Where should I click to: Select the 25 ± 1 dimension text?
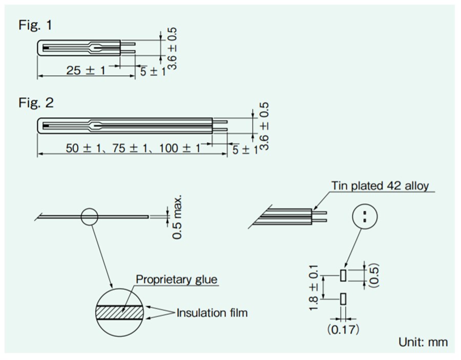[x=85, y=71]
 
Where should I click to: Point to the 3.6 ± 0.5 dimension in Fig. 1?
[x=173, y=49]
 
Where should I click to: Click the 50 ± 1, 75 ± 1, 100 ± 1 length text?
[x=134, y=148]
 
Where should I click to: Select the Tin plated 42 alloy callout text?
[x=380, y=185]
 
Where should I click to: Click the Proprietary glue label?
[x=176, y=280]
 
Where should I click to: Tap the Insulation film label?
[x=212, y=312]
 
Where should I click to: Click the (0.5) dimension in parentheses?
[x=375, y=276]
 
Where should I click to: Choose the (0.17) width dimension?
[x=343, y=330]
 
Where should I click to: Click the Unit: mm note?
[x=423, y=342]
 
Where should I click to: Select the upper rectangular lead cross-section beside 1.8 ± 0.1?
[x=343, y=276]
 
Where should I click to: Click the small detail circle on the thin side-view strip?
[x=89, y=217]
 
